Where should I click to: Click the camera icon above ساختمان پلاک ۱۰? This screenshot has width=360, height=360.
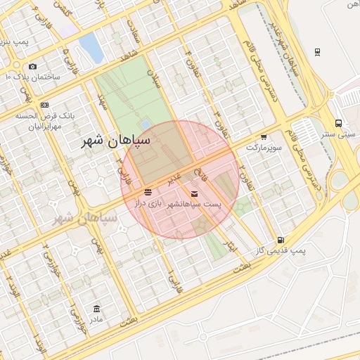point(32,65)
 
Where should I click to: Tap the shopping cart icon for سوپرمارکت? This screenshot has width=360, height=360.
point(264,137)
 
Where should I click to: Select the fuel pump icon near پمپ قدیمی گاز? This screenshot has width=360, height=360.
point(281,240)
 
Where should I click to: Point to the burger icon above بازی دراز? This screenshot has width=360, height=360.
point(148,192)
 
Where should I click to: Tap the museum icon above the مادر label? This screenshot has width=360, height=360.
point(97,309)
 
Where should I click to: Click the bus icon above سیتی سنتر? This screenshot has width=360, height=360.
point(338,122)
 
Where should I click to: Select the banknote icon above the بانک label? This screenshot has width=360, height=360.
point(44,105)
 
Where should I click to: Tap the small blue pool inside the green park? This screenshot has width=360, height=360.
point(145,124)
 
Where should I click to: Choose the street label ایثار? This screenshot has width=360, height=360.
point(233,246)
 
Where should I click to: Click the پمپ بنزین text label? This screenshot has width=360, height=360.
point(14,42)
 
